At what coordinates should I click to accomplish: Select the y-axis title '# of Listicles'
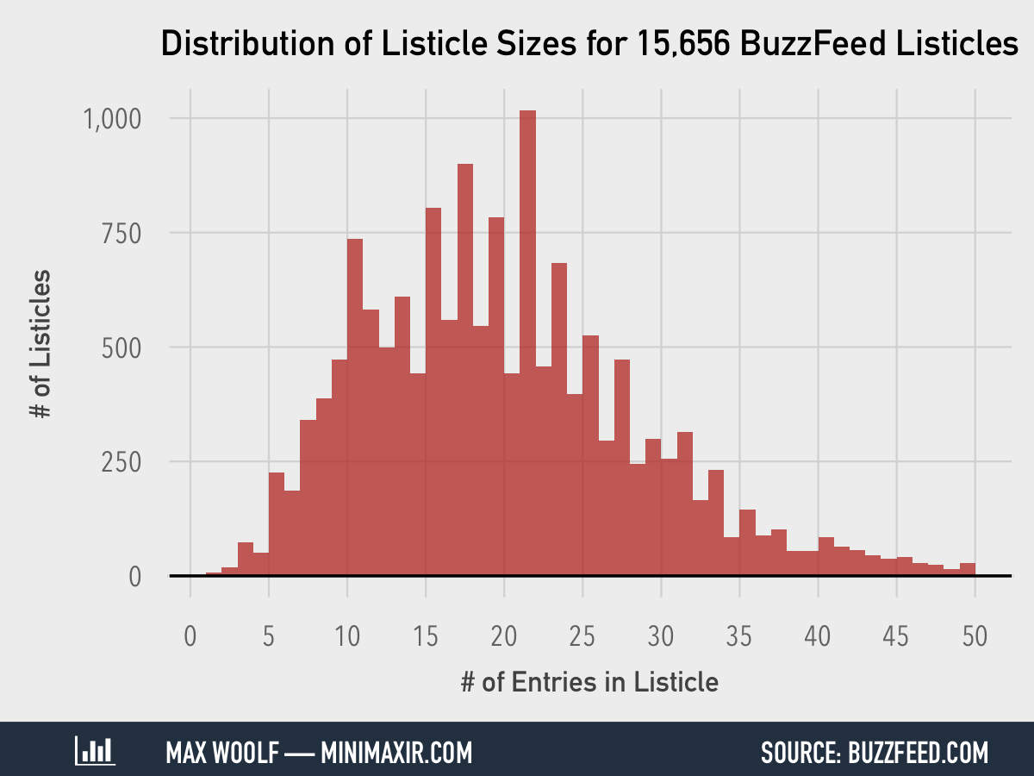click(x=40, y=345)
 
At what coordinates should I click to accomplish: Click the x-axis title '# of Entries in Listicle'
click(x=589, y=682)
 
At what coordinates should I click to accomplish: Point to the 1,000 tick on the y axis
click(x=112, y=118)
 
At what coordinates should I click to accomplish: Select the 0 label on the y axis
click(x=135, y=576)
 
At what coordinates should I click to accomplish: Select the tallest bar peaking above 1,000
click(x=527, y=345)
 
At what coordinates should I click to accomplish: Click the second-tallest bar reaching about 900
click(x=465, y=371)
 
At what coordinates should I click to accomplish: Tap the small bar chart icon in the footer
click(x=95, y=751)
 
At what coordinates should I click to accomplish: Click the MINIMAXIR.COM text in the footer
click(x=396, y=752)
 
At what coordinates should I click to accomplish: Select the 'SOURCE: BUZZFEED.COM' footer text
click(x=875, y=752)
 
